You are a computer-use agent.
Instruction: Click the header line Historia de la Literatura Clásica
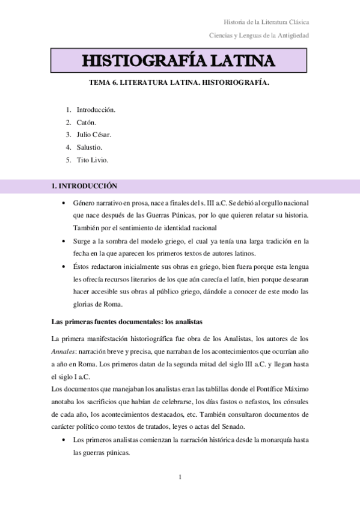click(263, 22)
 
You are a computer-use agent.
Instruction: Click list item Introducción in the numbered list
click(96, 110)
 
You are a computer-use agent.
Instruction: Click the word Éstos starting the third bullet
click(82, 266)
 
